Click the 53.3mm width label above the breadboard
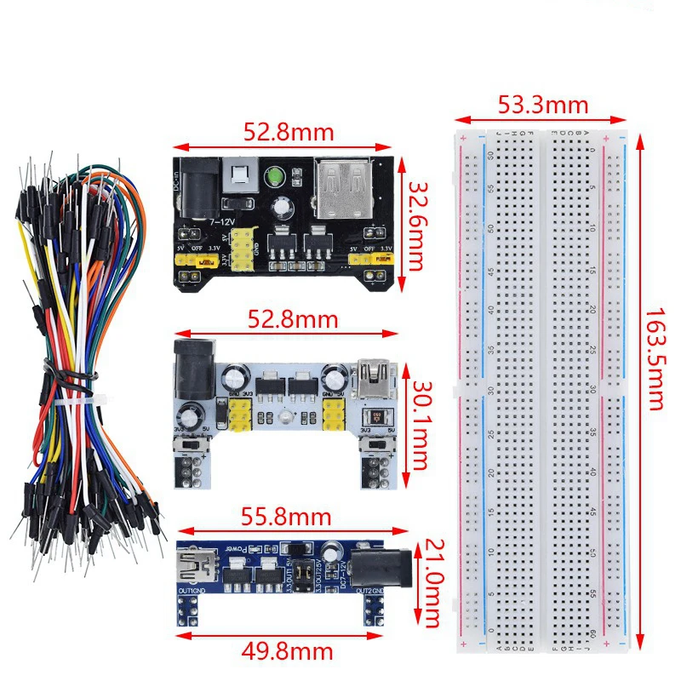coord(543,105)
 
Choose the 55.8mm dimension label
coord(287,516)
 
